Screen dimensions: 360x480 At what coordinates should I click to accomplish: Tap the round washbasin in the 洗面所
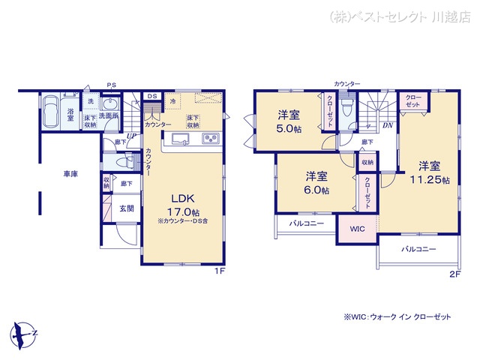[110, 104]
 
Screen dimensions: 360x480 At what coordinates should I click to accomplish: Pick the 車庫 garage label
[70, 174]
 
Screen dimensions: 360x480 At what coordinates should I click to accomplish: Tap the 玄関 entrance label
[126, 208]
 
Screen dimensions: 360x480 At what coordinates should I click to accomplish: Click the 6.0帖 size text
[315, 190]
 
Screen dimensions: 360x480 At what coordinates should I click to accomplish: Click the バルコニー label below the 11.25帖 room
[418, 248]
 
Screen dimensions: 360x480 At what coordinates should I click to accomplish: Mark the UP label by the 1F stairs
[131, 136]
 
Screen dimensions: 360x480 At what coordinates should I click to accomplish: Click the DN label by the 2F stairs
[386, 126]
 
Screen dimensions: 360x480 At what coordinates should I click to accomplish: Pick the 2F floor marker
[454, 274]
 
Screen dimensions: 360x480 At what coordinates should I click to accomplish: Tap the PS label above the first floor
[110, 84]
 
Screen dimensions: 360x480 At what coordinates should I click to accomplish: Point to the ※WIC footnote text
[397, 317]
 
